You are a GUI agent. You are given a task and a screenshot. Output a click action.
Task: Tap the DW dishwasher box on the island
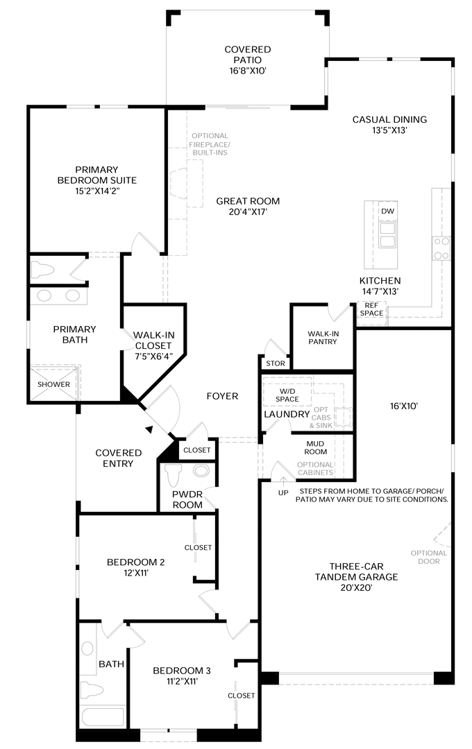pos(387,211)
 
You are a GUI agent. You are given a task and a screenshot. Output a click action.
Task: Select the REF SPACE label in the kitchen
pos(371,309)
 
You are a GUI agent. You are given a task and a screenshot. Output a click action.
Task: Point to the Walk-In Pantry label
pos(323,338)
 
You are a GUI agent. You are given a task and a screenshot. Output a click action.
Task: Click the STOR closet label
pos(275,363)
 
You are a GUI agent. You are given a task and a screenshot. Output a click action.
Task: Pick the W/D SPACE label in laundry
pos(287,394)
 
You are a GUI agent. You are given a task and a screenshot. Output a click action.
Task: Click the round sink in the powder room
pos(201,472)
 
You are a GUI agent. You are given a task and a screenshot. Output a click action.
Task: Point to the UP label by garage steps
pos(283,492)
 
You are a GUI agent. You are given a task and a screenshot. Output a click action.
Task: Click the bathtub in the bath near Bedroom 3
pos(101,716)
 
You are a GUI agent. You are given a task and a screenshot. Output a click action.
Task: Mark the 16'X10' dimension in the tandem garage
pos(403,407)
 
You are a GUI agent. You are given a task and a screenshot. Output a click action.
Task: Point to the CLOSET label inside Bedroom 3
pos(242,695)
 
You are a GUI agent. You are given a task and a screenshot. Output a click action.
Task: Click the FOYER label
pos(222,396)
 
